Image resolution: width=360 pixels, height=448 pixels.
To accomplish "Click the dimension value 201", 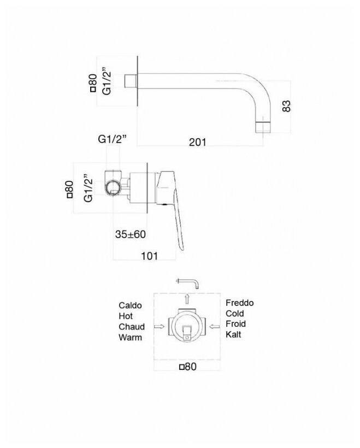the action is [x=197, y=143].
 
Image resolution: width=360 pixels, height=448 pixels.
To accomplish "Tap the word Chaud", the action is [x=132, y=326].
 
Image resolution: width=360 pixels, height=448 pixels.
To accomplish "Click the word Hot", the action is [x=125, y=315].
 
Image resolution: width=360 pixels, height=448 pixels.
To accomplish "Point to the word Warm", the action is [x=130, y=337].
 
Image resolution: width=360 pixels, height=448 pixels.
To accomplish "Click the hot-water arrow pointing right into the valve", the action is [x=160, y=327].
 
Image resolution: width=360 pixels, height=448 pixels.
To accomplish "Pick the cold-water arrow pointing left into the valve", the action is [x=215, y=327].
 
